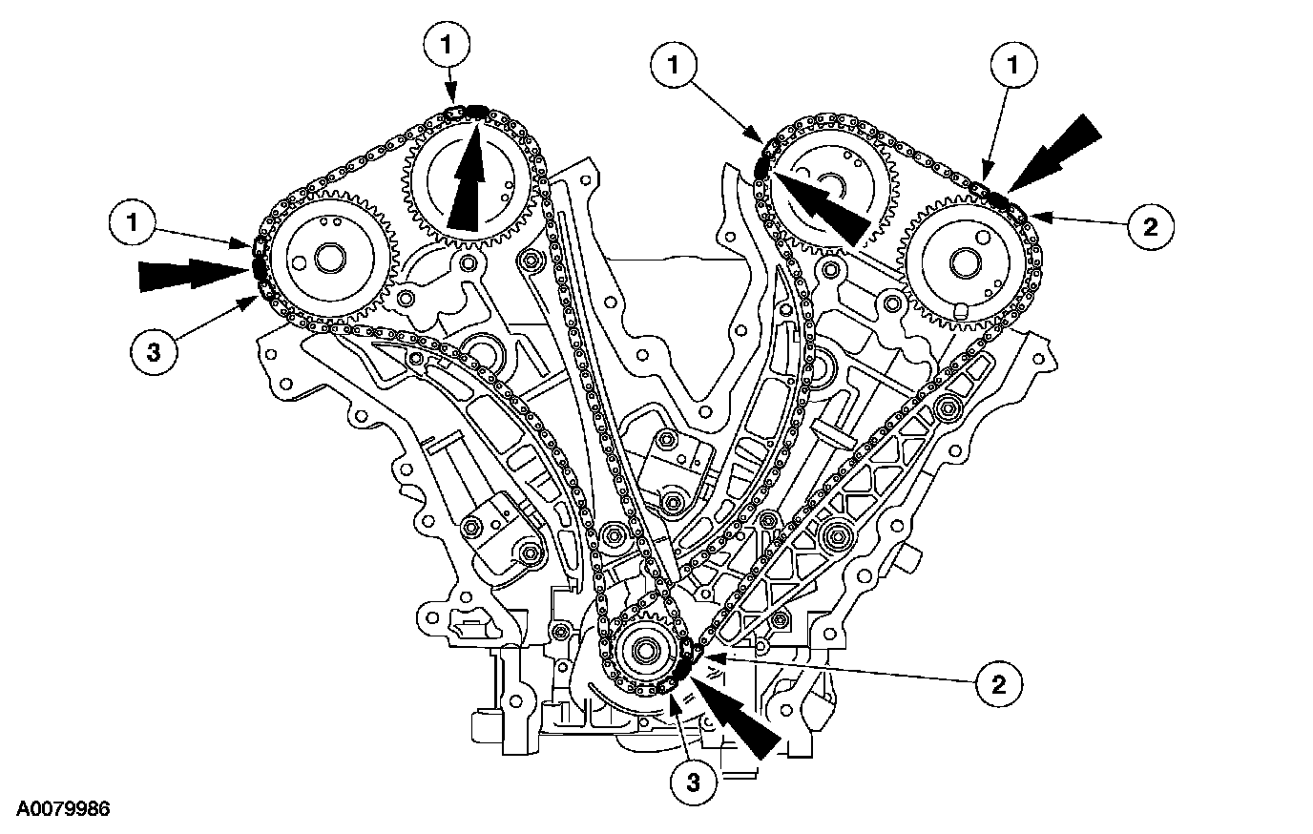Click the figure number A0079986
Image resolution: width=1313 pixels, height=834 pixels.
click(x=57, y=809)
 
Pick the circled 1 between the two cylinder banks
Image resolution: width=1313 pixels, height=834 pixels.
click(x=674, y=65)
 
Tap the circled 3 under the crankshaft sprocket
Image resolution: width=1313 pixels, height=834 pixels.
click(x=692, y=782)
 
